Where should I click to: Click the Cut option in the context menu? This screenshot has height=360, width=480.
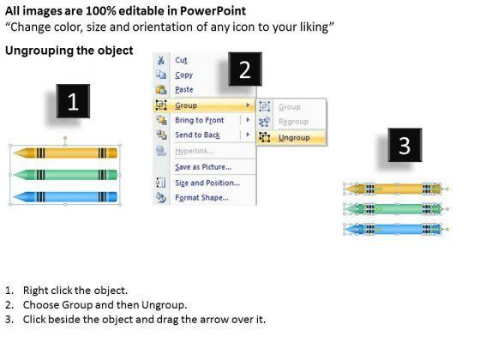coord(181,60)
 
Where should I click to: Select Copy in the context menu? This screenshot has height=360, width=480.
coord(183,75)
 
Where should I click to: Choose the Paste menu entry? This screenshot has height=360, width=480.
coord(184,89)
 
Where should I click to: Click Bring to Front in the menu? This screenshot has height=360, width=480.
coord(199,120)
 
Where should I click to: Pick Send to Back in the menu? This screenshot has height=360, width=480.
coord(197,135)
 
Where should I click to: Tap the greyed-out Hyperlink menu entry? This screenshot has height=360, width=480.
coord(195,151)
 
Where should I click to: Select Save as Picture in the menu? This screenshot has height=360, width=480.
coord(203,167)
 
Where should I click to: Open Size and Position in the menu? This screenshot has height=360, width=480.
coord(207,183)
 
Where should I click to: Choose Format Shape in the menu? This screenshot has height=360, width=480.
coord(201,197)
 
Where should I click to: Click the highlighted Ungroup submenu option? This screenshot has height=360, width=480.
coord(294,137)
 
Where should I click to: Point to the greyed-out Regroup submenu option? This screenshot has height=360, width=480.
coord(293,122)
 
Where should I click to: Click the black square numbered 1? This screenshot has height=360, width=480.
coord(73,101)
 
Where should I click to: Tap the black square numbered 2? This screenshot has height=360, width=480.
coord(245,69)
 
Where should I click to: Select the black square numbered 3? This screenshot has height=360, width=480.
coord(405,145)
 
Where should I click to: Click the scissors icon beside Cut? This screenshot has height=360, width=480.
coord(161,60)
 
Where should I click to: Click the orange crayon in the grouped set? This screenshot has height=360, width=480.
coord(65,153)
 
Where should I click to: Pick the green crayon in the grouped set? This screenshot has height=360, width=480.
coord(65,175)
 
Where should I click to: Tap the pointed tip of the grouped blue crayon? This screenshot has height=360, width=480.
coord(14,197)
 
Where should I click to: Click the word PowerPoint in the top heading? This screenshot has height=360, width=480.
coord(213,11)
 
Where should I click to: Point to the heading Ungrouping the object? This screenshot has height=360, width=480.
coord(69,51)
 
